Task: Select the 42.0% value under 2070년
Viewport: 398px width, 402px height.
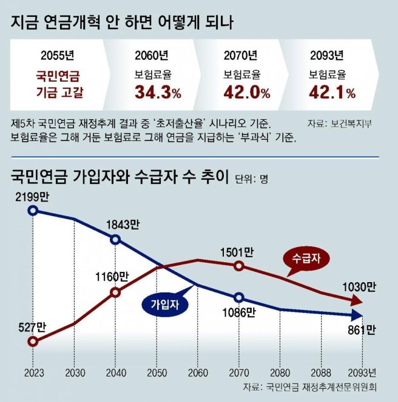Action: point(246,93)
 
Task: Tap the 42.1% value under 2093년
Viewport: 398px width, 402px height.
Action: point(332,93)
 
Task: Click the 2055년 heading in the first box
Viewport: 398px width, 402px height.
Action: point(58,56)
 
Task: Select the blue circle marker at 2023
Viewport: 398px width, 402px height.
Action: point(33,211)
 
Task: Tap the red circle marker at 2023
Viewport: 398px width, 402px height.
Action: point(33,341)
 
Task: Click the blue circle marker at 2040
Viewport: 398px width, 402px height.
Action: point(116,239)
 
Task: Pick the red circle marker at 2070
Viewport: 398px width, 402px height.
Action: point(239,266)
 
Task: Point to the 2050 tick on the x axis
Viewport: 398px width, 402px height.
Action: point(157,371)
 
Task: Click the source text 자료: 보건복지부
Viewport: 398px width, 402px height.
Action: point(340,124)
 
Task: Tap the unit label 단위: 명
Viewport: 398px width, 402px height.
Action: point(251,179)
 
